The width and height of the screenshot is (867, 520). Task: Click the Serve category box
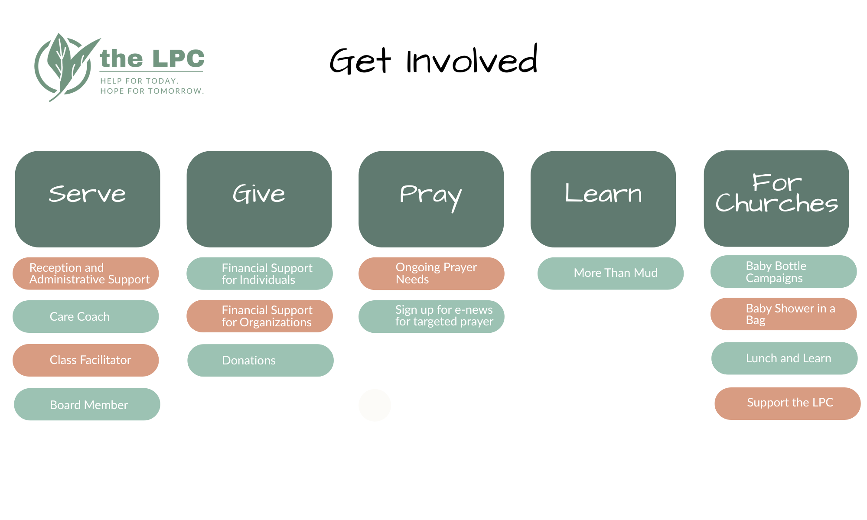click(x=88, y=199)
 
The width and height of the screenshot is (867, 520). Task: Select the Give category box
click(x=259, y=199)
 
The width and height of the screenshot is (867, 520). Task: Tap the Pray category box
click(x=431, y=199)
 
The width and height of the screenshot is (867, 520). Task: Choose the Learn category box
click(x=603, y=199)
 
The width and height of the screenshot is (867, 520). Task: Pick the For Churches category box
click(x=776, y=198)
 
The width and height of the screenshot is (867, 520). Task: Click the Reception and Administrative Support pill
click(x=86, y=273)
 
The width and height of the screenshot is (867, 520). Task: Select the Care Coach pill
click(x=86, y=316)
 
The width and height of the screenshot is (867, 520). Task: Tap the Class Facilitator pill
click(x=86, y=360)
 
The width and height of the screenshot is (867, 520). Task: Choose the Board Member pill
click(x=87, y=404)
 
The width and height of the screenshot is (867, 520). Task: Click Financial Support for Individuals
click(x=260, y=273)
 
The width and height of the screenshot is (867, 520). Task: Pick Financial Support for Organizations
click(x=260, y=316)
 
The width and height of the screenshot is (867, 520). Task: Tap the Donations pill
click(x=261, y=360)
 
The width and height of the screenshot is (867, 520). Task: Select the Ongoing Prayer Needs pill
click(x=431, y=273)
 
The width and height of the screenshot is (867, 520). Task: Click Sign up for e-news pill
click(x=431, y=316)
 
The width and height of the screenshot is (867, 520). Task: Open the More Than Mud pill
click(x=610, y=273)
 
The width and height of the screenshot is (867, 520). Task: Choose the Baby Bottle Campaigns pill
click(x=784, y=271)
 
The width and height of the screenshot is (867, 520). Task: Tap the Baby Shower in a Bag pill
click(x=784, y=314)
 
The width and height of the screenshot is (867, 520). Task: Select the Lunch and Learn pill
click(x=785, y=358)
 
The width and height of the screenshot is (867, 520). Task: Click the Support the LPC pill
click(x=788, y=403)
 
